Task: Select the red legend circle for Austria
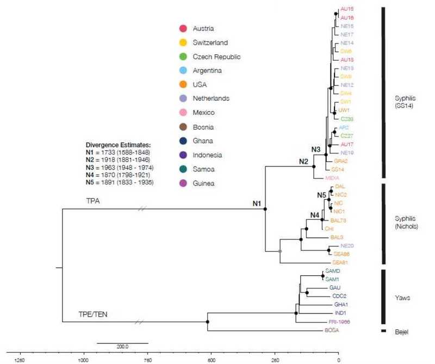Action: tap(183, 28)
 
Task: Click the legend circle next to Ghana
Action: tap(183, 141)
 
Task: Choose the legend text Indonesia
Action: tap(213, 155)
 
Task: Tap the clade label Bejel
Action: tap(402, 330)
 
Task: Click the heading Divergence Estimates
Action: tap(117, 145)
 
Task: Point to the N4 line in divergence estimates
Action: tap(119, 175)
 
